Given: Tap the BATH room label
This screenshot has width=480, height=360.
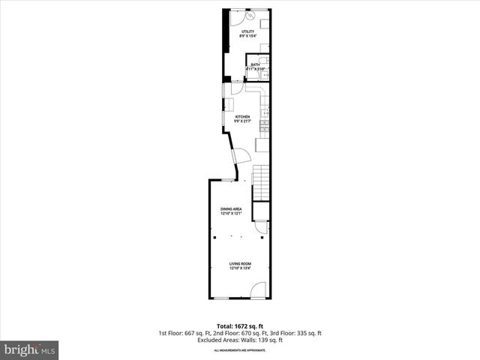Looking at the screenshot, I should tap(255, 65).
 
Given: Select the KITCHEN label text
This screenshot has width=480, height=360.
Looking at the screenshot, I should tap(242, 117).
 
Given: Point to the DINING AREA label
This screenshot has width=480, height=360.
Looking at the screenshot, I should tap(230, 208).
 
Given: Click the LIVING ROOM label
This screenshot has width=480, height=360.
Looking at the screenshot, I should tap(240, 264).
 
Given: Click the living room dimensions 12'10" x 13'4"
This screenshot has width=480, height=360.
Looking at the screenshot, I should tap(240, 268).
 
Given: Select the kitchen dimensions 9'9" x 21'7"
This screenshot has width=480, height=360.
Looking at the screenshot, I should tap(242, 121).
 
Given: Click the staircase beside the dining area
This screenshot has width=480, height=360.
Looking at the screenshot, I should tap(260, 182).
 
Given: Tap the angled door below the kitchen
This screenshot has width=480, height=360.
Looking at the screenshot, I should tap(241, 156).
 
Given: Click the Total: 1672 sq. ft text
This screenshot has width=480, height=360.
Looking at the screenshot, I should tap(240, 325).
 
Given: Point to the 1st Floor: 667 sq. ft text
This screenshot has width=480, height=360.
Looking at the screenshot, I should tap(186, 333).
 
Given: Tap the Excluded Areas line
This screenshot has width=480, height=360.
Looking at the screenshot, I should tap(240, 340).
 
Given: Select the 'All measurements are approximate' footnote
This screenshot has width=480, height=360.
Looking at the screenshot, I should tap(240, 350).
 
